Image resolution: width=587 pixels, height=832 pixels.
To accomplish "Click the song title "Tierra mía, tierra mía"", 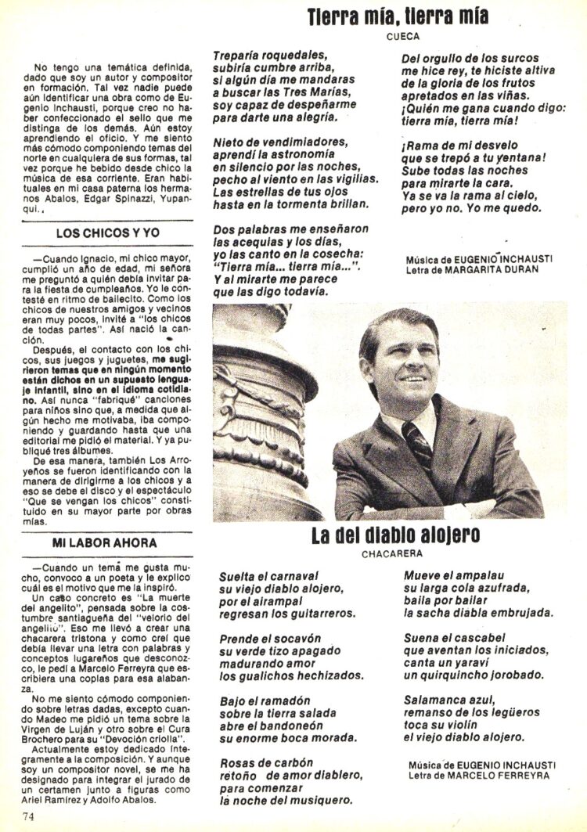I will click(x=398, y=16).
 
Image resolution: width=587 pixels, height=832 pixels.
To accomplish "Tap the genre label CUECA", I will click(x=403, y=36).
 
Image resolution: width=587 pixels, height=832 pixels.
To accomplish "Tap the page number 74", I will click(x=30, y=817).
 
